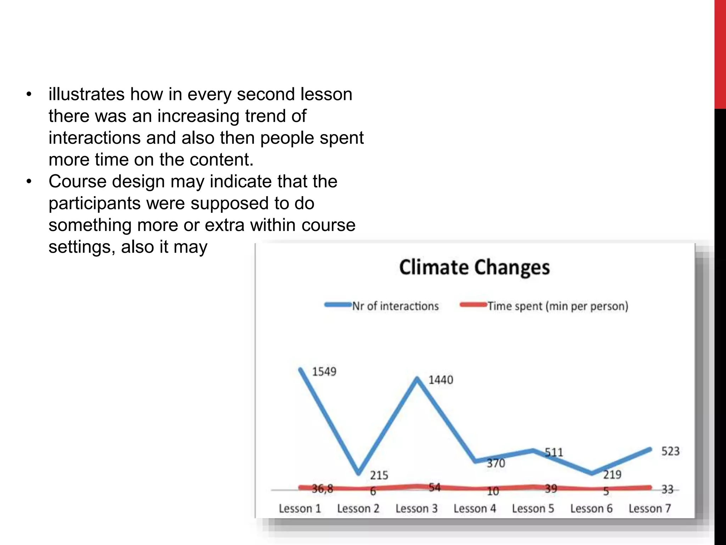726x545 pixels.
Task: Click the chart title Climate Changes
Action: (x=474, y=268)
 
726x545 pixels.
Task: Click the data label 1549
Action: (x=324, y=372)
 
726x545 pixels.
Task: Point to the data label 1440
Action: (x=441, y=380)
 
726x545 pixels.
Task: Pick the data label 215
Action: (x=379, y=475)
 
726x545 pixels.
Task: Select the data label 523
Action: (x=670, y=451)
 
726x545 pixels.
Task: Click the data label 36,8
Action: (x=322, y=489)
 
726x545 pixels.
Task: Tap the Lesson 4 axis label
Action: (x=475, y=508)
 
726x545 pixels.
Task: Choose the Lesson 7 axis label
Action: (x=649, y=508)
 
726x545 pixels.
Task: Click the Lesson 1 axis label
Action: (x=300, y=508)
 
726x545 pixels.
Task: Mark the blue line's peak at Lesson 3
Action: (x=417, y=378)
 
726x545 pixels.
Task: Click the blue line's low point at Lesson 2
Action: (x=359, y=473)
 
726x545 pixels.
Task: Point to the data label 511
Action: (x=554, y=452)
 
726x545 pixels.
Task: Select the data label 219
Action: (x=612, y=474)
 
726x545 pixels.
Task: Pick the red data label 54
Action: (x=434, y=488)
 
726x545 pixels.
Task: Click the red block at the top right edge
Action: (x=720, y=53)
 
